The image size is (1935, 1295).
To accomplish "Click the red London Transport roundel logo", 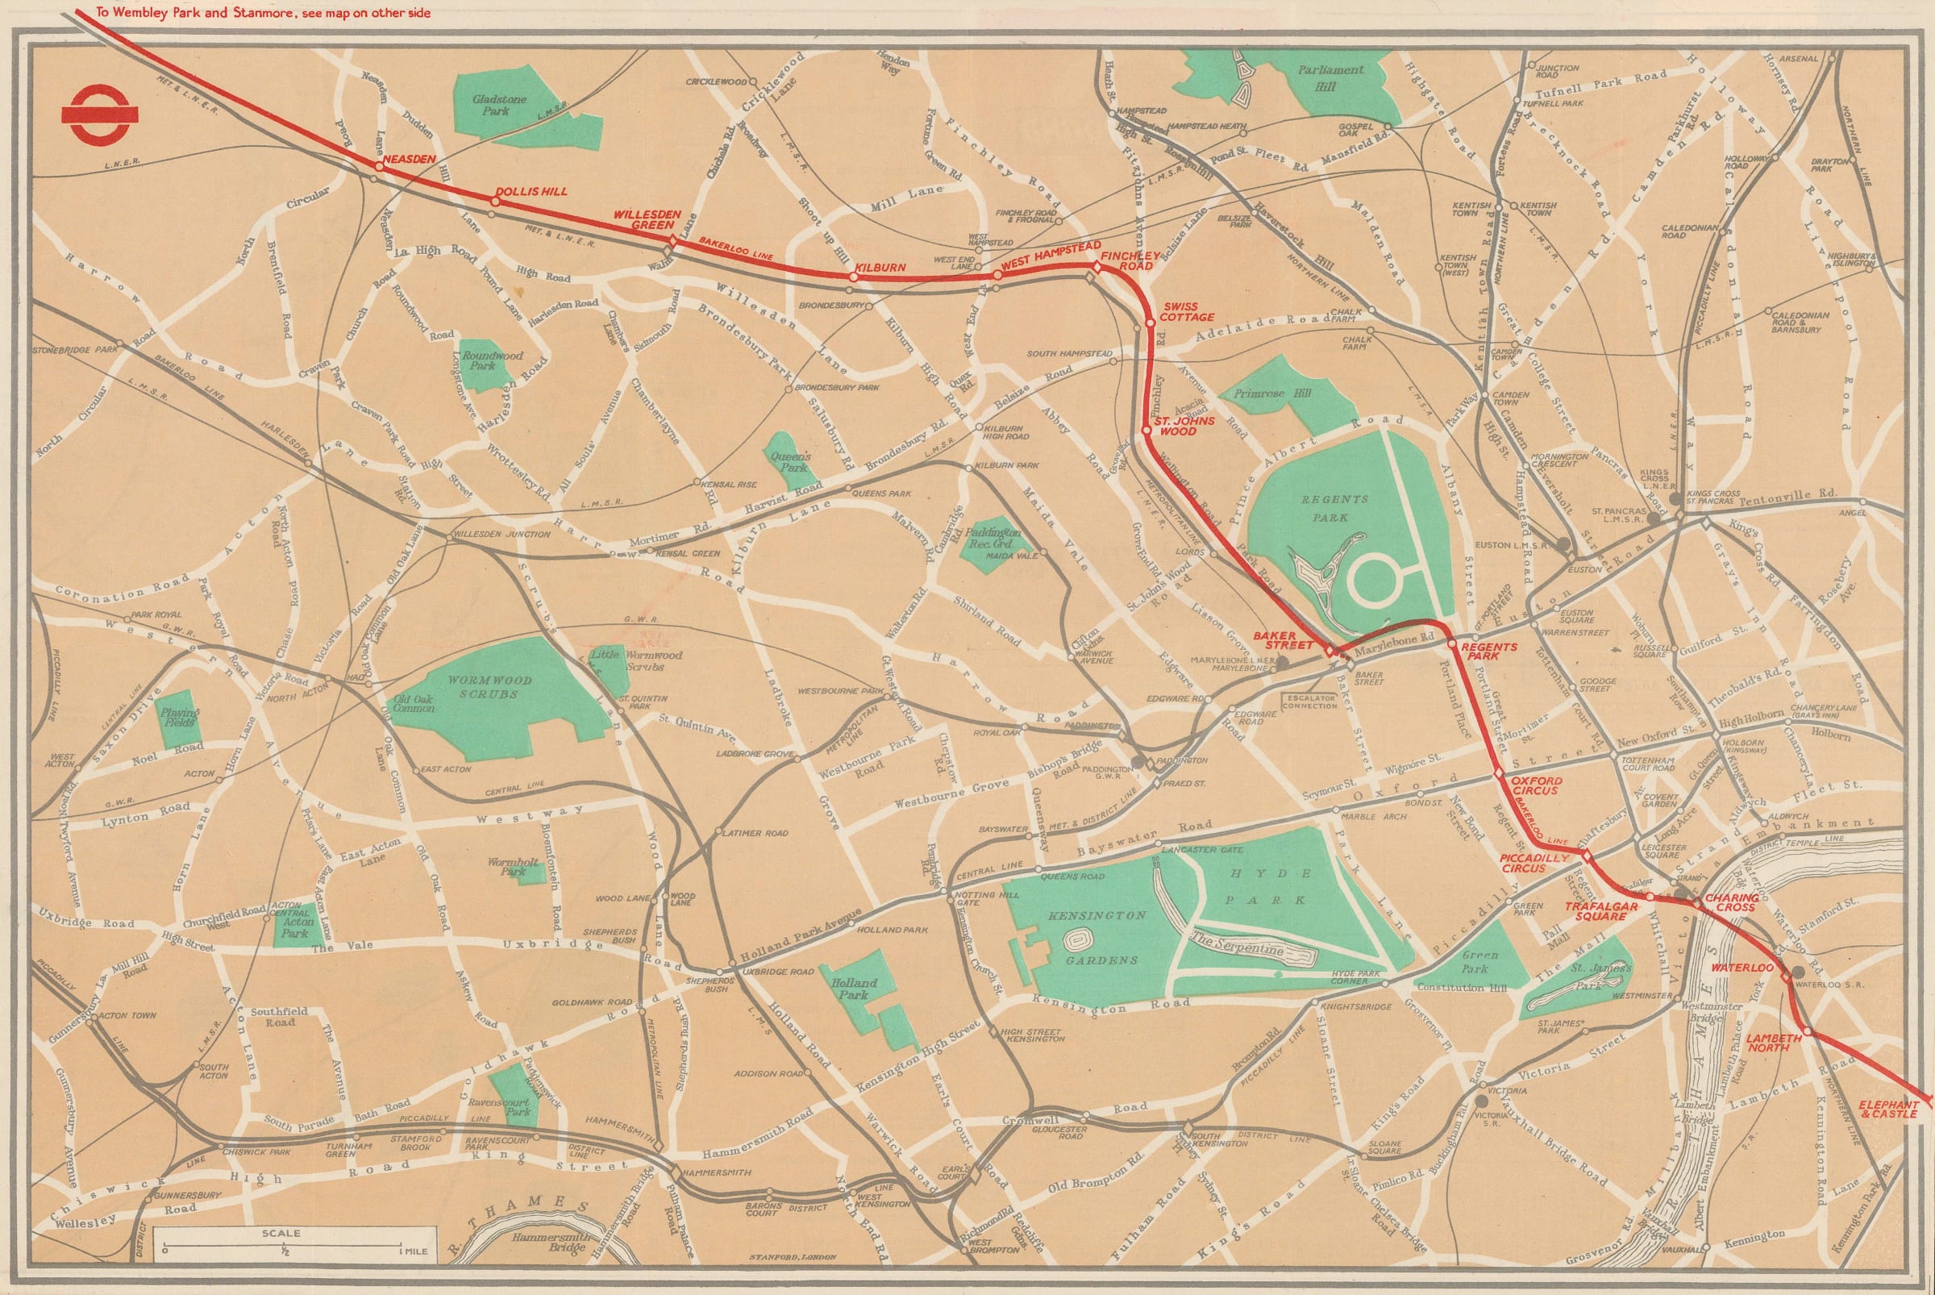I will tap(86, 118).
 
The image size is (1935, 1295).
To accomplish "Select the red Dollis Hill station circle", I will tap(498, 201).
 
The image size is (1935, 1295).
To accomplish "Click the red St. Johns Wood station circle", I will tap(1146, 430).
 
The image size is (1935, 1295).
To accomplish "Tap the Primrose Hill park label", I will tap(1271, 394).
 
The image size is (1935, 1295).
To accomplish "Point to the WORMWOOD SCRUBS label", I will tap(491, 687).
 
